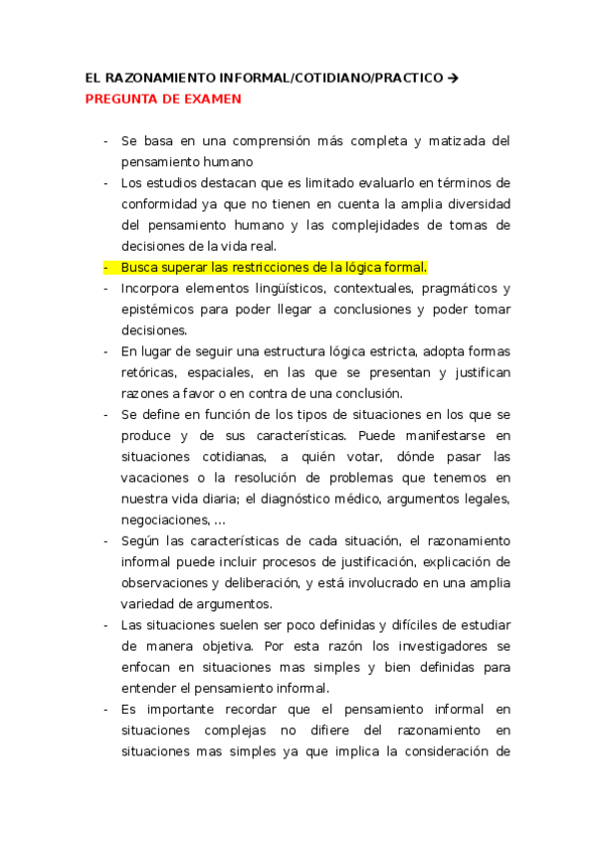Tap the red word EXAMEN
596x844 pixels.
click(207, 100)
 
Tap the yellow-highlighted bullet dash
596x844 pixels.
click(105, 268)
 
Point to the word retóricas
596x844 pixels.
click(148, 372)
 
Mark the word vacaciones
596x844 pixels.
click(157, 478)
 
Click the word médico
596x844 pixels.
click(350, 499)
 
